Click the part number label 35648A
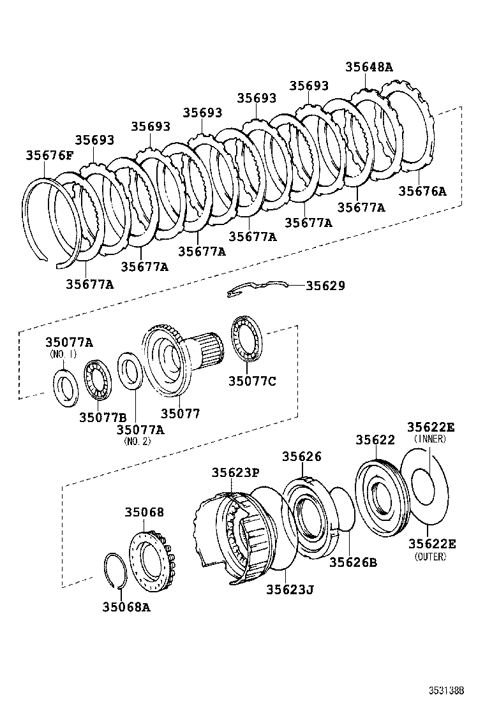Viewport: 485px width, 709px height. pos(369,66)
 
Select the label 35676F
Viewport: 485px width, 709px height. pos(50,155)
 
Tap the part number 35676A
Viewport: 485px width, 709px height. pos(422,191)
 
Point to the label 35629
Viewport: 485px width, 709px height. pos(325,286)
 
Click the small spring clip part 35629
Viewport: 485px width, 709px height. pos(255,289)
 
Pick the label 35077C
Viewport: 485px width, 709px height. pos(252,381)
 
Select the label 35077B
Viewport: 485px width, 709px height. pos(103,417)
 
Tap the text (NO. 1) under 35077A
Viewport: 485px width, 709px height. pos(63,354)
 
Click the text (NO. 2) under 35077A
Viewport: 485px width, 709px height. pos(137,441)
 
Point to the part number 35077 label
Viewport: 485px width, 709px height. pos(180,414)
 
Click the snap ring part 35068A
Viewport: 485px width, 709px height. pos(115,570)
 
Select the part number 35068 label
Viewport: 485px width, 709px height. pos(144,512)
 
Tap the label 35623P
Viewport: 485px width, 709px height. pos(235,472)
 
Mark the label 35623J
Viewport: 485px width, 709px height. pos(290,589)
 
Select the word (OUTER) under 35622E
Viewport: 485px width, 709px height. pos(430,557)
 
